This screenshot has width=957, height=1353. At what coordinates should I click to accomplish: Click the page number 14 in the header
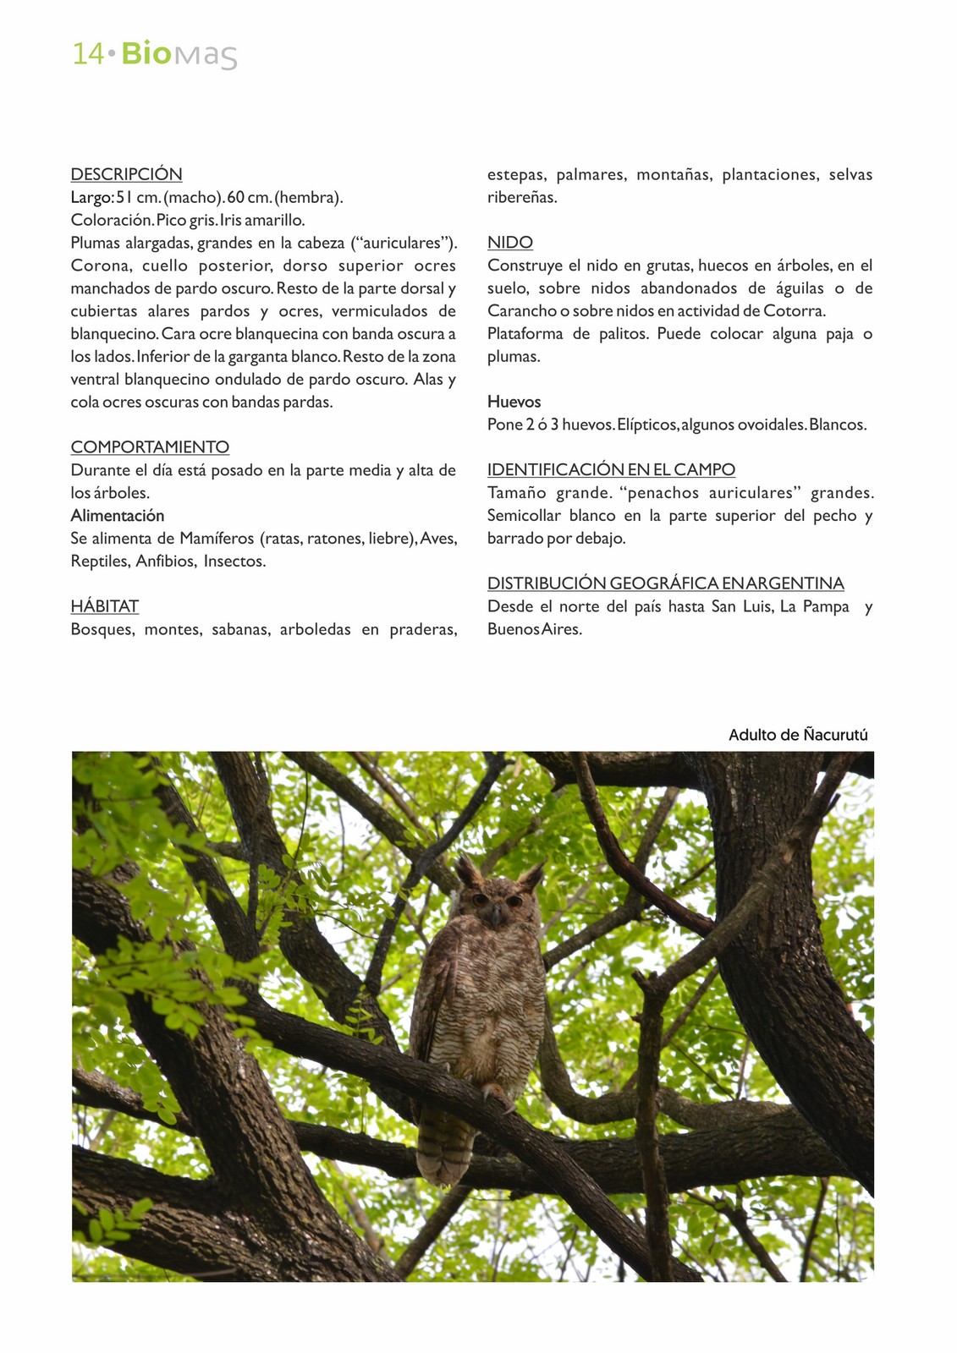(x=88, y=54)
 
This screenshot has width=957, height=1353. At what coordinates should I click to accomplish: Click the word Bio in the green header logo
(x=146, y=53)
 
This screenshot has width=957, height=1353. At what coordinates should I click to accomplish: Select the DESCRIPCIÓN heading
(x=126, y=175)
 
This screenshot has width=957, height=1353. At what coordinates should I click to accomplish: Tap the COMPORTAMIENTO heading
(x=150, y=447)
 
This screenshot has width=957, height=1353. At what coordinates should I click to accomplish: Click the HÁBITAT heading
(x=104, y=606)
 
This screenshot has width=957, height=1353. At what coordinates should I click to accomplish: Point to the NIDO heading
(x=509, y=243)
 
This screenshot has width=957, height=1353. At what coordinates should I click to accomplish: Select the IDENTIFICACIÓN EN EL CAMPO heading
(x=611, y=470)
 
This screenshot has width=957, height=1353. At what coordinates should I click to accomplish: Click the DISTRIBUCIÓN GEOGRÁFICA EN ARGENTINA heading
(x=665, y=583)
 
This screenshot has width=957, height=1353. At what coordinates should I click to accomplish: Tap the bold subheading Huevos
(x=514, y=402)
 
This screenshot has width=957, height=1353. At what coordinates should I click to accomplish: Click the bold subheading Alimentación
(x=117, y=516)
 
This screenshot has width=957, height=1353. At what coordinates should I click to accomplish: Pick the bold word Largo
(x=91, y=198)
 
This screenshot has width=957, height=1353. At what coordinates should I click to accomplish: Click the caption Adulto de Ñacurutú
(x=798, y=735)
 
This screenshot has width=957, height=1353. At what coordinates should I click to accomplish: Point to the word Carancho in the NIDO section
(x=521, y=311)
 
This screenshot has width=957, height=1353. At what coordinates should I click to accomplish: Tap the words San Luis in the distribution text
(x=741, y=606)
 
